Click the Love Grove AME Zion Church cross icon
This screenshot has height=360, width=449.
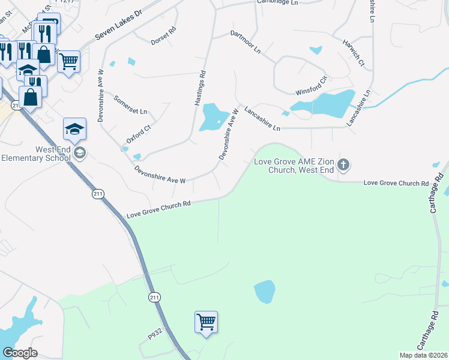point(343,164)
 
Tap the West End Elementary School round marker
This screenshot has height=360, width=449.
point(80,154)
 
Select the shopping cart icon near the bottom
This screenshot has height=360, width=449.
point(206,322)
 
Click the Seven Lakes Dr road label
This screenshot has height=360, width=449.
point(117,29)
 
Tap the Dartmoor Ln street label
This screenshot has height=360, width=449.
point(246,41)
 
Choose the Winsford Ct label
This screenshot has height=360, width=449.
point(311,86)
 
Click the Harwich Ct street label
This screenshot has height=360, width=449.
point(354,53)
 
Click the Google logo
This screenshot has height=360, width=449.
point(20,353)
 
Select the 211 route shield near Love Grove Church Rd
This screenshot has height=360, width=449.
point(98,194)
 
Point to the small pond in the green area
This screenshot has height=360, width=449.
point(264,292)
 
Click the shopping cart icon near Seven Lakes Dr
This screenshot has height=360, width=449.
point(69,61)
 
